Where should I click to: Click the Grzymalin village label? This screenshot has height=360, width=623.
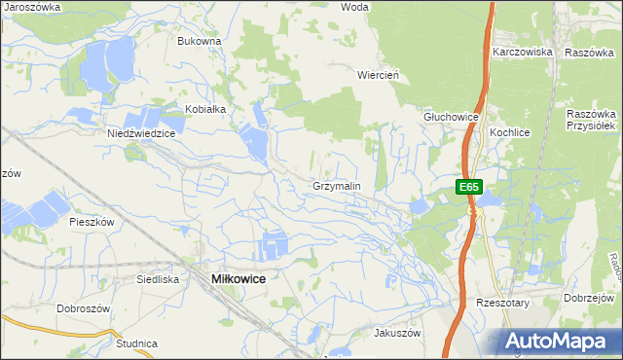point(337,185)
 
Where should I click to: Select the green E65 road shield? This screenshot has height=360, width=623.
point(468,186)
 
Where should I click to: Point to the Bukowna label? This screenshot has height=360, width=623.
point(200,42)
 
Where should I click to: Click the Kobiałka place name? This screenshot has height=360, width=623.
point(205,109)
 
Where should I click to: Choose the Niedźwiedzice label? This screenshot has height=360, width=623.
point(141,134)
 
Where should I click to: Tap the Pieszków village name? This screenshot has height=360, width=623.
point(92,222)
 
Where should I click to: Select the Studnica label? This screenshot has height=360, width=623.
point(136,343)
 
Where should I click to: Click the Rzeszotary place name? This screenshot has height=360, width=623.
point(501,303)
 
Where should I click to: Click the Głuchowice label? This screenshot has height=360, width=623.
point(451,117)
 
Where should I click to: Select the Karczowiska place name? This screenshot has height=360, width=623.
point(523,52)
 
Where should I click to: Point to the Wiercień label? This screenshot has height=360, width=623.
point(380,74)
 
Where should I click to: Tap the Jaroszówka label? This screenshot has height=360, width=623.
point(32,6)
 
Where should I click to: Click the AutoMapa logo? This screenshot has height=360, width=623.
point(561,341)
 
